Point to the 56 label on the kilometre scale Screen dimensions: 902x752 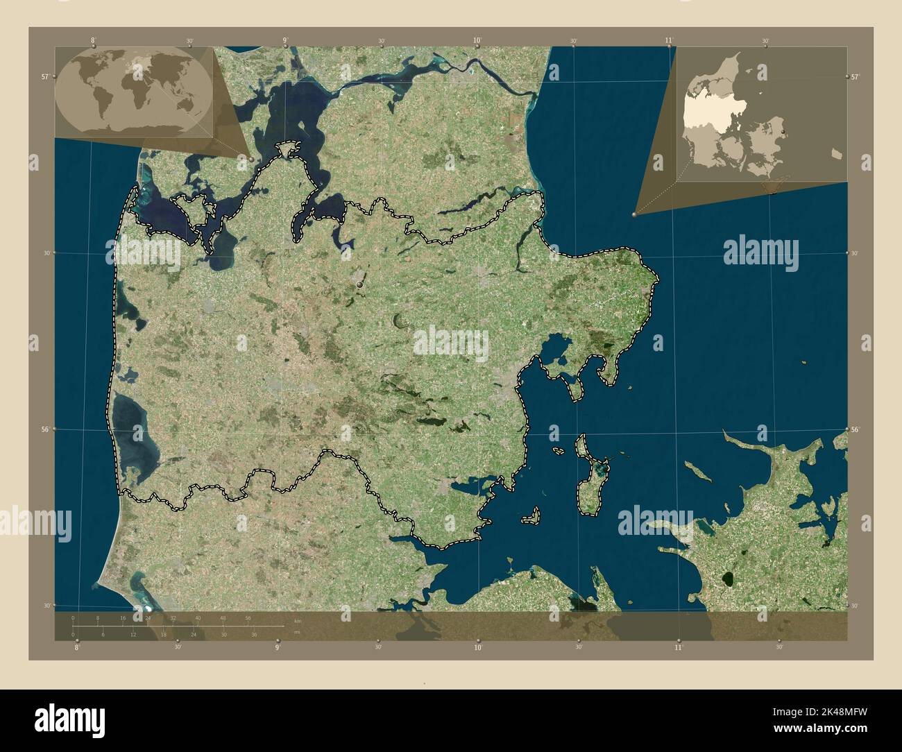click(x=248, y=617)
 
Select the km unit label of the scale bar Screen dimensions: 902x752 click(x=298, y=620)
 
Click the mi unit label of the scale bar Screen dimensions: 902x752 click(x=297, y=633)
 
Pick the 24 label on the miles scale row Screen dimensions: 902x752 click(x=194, y=634)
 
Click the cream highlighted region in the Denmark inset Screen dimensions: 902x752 click(x=702, y=115)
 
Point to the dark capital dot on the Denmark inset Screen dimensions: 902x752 click(x=783, y=130)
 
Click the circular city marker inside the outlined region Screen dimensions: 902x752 click(x=359, y=284)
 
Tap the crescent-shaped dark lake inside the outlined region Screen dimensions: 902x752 click(x=400, y=321)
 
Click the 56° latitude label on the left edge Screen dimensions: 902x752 click(x=45, y=429)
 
